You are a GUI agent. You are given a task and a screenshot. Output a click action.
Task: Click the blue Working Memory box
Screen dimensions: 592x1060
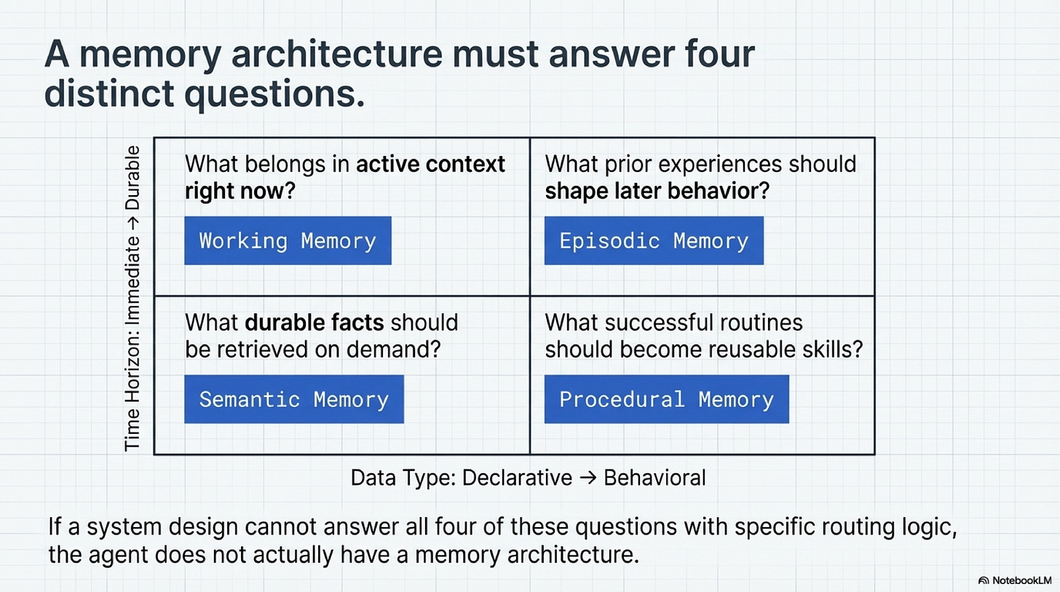click(288, 240)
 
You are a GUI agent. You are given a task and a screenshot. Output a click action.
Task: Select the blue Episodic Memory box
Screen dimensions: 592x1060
click(653, 240)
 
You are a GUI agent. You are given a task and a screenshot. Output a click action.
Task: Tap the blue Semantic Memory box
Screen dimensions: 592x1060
click(293, 399)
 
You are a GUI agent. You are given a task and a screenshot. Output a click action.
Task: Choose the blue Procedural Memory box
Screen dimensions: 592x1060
click(666, 399)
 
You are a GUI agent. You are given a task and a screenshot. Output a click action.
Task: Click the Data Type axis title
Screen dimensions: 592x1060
click(528, 478)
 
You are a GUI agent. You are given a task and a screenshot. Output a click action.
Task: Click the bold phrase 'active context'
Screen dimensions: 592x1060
click(430, 164)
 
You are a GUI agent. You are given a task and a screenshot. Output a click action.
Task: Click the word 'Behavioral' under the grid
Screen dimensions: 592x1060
click(654, 478)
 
